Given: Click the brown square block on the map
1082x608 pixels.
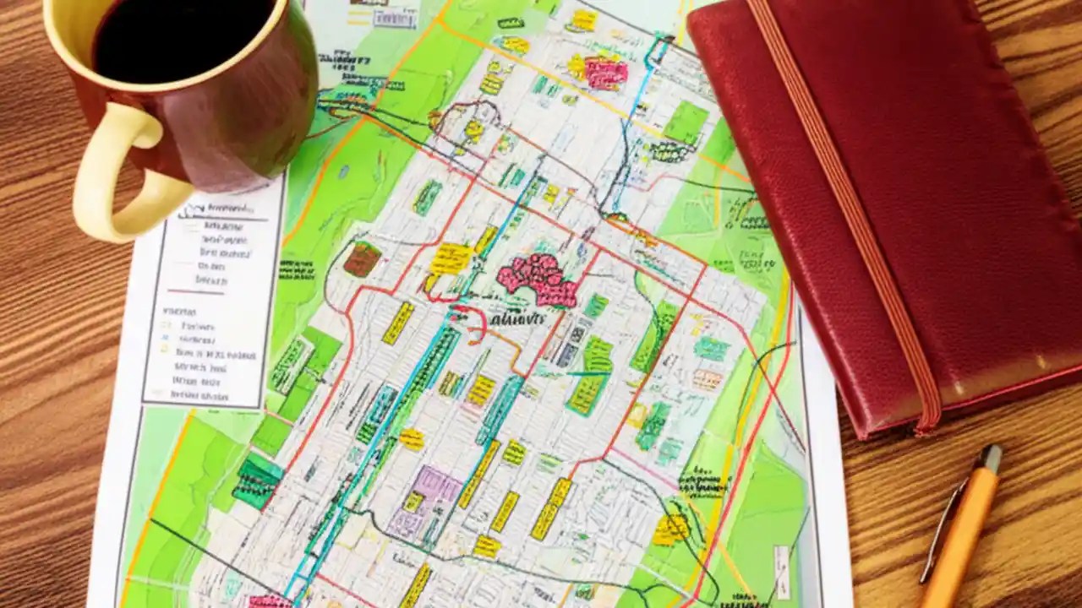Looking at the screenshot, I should (x=362, y=258).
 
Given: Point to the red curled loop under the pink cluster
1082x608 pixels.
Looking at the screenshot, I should (x=473, y=321).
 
